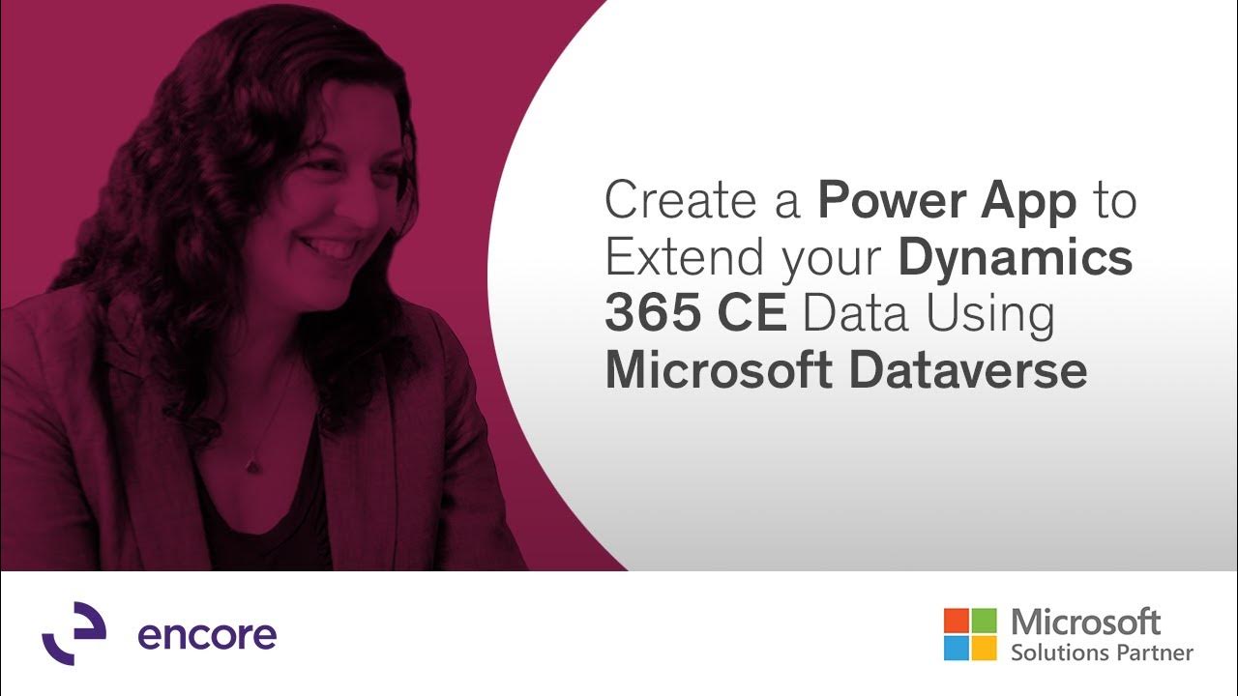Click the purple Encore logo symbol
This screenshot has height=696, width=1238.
click(x=74, y=633)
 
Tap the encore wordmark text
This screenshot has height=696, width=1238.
click(x=207, y=635)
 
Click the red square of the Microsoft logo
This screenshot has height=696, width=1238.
click(x=956, y=620)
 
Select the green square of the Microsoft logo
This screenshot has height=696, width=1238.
click(x=984, y=620)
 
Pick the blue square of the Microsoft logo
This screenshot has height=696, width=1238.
click(x=956, y=648)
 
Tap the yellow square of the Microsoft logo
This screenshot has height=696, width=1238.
click(x=984, y=648)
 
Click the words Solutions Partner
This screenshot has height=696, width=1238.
click(x=1102, y=652)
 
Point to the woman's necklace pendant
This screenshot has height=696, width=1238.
click(x=252, y=466)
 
